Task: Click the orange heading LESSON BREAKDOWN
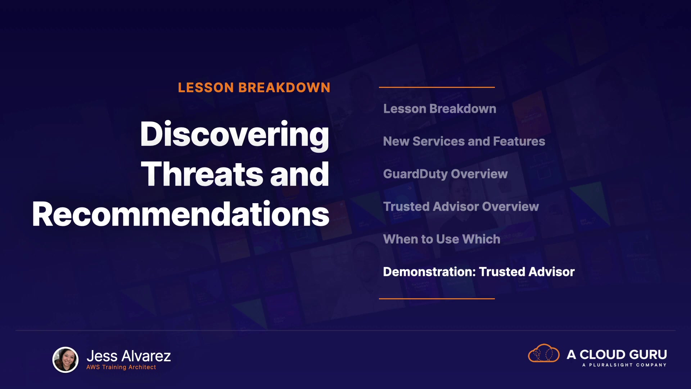tap(254, 88)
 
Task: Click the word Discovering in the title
tap(235, 135)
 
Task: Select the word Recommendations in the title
tap(181, 214)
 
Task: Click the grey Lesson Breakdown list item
tap(440, 109)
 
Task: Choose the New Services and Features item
tap(464, 141)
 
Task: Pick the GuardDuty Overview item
tap(446, 174)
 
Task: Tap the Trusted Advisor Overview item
tap(461, 206)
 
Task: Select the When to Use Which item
tap(442, 239)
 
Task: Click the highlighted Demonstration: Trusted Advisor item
tap(479, 272)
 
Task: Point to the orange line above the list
tap(437, 87)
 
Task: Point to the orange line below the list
tap(437, 299)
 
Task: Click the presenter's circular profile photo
tap(66, 359)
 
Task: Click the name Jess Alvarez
tap(129, 356)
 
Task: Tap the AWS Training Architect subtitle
tap(121, 367)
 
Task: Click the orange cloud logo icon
tap(544, 353)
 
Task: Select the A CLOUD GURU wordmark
tap(617, 354)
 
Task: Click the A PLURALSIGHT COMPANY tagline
tap(624, 365)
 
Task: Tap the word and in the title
tap(300, 174)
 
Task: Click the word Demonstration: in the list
tap(429, 272)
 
